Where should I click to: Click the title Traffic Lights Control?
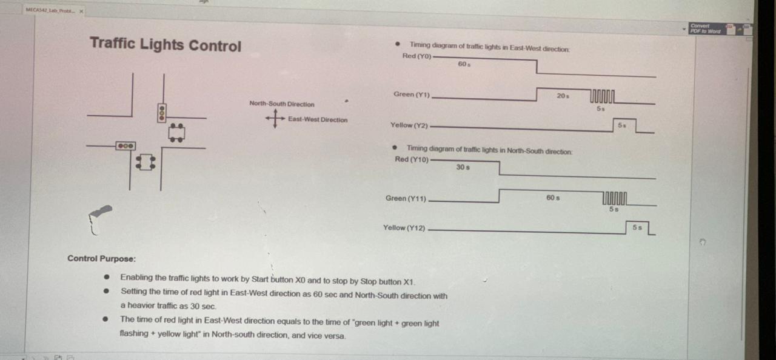pos(166,45)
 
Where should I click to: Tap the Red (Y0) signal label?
pos(416,56)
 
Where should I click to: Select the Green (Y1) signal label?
pos(412,95)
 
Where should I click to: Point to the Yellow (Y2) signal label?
pos(409,125)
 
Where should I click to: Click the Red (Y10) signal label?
pos(412,160)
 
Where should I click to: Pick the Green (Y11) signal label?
pos(406,199)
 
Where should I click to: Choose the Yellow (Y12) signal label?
pos(404,228)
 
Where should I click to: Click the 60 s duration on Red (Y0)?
pos(464,64)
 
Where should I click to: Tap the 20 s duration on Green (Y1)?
pos(563,96)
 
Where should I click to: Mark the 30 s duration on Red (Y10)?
pos(463,167)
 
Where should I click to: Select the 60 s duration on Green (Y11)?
pos(552,198)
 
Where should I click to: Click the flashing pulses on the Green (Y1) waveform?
pos(603,96)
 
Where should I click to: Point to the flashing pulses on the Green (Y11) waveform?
pos(615,198)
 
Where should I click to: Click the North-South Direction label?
pos(282,104)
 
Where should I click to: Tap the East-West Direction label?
pos(318,120)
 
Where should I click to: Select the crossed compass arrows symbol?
pos(275,119)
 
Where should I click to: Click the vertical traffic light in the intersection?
pos(162,113)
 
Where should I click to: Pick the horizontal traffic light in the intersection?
pos(125,146)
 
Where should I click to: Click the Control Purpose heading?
pos(101,259)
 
